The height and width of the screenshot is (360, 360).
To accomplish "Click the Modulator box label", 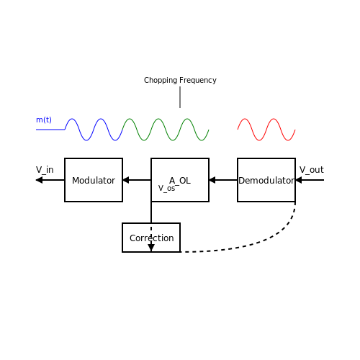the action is [94, 181].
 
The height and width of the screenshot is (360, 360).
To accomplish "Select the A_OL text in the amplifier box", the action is [180, 181].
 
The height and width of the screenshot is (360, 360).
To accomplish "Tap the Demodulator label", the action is [266, 181].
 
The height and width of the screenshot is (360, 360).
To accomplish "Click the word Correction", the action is [152, 238].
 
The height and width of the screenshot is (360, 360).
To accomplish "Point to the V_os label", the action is [167, 189].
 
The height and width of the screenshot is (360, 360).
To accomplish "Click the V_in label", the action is [45, 170].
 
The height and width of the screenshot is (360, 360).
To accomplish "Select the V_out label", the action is [312, 170].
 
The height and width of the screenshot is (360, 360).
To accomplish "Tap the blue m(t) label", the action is [44, 120].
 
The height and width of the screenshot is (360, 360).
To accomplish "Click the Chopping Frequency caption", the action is [180, 80].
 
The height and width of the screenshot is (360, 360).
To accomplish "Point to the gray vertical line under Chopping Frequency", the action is [180, 97].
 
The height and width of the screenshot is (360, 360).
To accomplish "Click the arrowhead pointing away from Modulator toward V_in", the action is [39, 180].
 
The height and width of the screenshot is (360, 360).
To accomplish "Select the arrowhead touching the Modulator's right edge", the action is [126, 180].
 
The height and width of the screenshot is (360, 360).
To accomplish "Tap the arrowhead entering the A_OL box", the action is [212, 180].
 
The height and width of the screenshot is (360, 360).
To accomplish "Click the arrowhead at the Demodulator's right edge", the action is [299, 180].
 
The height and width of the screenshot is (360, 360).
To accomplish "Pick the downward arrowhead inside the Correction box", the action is [151, 248].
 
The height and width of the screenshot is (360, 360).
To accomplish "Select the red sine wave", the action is [266, 130].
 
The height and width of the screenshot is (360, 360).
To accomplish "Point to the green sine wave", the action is [166, 130].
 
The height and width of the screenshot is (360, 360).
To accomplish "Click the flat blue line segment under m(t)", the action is [50, 130].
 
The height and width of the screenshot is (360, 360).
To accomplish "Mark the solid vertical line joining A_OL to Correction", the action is [151, 212].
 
